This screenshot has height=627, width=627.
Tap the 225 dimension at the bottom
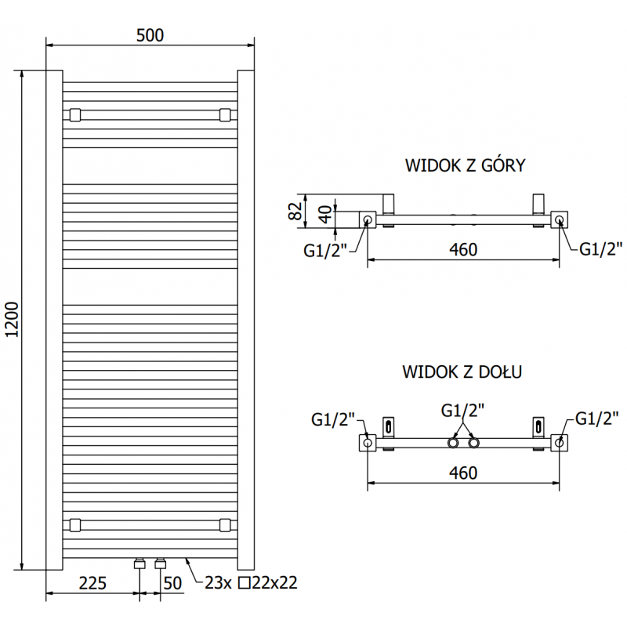92,582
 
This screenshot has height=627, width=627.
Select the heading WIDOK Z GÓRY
464,165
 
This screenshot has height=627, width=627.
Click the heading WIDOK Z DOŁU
462,371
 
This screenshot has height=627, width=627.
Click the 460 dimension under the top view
463,249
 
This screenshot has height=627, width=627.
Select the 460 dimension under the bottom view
463,473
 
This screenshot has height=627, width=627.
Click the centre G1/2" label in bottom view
462,410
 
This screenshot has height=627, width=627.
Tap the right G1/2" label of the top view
601,249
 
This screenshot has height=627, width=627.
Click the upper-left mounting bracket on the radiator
75,114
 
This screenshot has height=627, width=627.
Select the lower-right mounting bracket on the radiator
225,524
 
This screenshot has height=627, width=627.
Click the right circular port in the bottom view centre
473,444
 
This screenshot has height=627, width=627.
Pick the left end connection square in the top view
368,220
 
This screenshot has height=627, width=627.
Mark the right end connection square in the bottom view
559,443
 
